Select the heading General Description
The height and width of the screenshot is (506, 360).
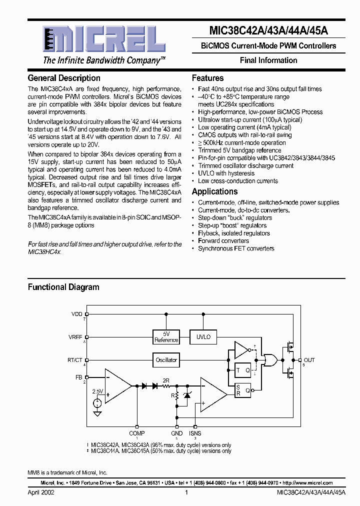point(64,78)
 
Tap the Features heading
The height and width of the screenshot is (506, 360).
point(207,78)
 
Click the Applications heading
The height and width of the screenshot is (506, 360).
point(215,191)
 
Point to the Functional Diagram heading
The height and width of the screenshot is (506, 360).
point(63,287)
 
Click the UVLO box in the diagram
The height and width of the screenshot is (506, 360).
point(203,337)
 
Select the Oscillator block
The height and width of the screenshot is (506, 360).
point(166,359)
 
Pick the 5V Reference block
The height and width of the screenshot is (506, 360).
point(166,337)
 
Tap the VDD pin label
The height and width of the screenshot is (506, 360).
point(77,314)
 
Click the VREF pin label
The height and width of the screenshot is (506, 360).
point(76,337)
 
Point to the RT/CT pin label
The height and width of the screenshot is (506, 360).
point(75,359)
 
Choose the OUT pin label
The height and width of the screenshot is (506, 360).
point(309,360)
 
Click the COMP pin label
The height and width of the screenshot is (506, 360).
point(137,433)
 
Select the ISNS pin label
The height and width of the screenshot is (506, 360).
point(195,433)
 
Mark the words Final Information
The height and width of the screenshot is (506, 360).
point(268,60)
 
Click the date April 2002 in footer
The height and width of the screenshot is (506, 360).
point(41,492)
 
